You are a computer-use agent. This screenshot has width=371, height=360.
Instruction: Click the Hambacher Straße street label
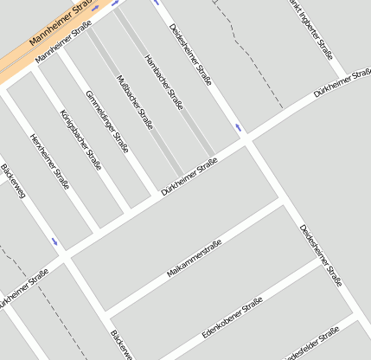click(x=164, y=83)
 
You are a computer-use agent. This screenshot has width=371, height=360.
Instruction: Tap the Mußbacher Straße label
click(x=134, y=102)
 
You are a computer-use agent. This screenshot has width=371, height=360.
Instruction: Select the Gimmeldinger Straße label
click(x=106, y=122)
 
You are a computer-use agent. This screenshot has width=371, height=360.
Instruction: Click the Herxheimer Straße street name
click(x=50, y=161)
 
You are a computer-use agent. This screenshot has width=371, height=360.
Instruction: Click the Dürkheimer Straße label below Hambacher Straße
click(x=189, y=176)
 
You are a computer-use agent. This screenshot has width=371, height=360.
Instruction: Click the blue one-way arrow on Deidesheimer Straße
click(x=237, y=128)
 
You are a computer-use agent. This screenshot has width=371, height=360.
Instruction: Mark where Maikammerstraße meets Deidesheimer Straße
click(x=282, y=202)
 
